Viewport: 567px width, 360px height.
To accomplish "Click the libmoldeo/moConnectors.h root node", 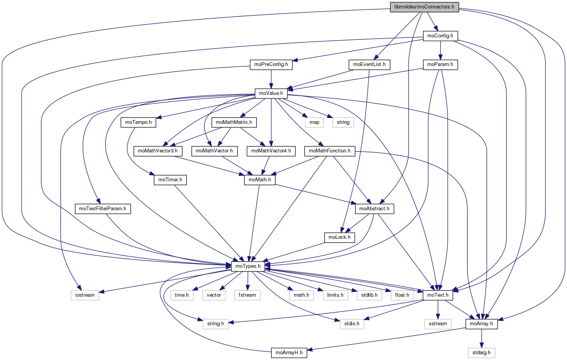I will pos(424,7).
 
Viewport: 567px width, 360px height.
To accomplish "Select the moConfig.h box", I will pos(440,36).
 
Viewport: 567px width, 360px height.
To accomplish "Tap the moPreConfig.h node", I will pos(271,64).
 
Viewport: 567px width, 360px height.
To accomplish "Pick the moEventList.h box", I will pos(369,64).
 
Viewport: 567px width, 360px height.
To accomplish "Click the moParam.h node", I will pos(440,64).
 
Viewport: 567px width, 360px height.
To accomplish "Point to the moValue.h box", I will pos(271,93).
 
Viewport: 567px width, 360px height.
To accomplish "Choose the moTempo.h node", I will pos(138,122).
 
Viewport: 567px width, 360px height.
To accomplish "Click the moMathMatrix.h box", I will pos(234,122).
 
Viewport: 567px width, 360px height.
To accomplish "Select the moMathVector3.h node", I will pos(157,151).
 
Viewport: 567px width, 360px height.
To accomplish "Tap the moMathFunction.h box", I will pos(329,151).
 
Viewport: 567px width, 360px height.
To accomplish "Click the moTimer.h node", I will pos(170,180).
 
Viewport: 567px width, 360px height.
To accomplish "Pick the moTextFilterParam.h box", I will pos(103,209).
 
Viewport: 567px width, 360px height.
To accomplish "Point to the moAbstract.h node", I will pos(374,209).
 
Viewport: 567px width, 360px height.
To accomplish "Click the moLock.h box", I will pos(339,237).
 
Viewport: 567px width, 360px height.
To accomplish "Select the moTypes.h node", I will pos(248,266).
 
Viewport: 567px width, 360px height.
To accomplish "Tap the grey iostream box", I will pos(85,295).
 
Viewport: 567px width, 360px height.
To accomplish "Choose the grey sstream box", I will pos(438,324).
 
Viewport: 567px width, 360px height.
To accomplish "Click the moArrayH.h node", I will pos(289,353).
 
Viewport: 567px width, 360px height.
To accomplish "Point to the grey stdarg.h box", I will pos(481,353).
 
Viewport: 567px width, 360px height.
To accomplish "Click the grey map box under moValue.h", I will pos(315,122).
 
